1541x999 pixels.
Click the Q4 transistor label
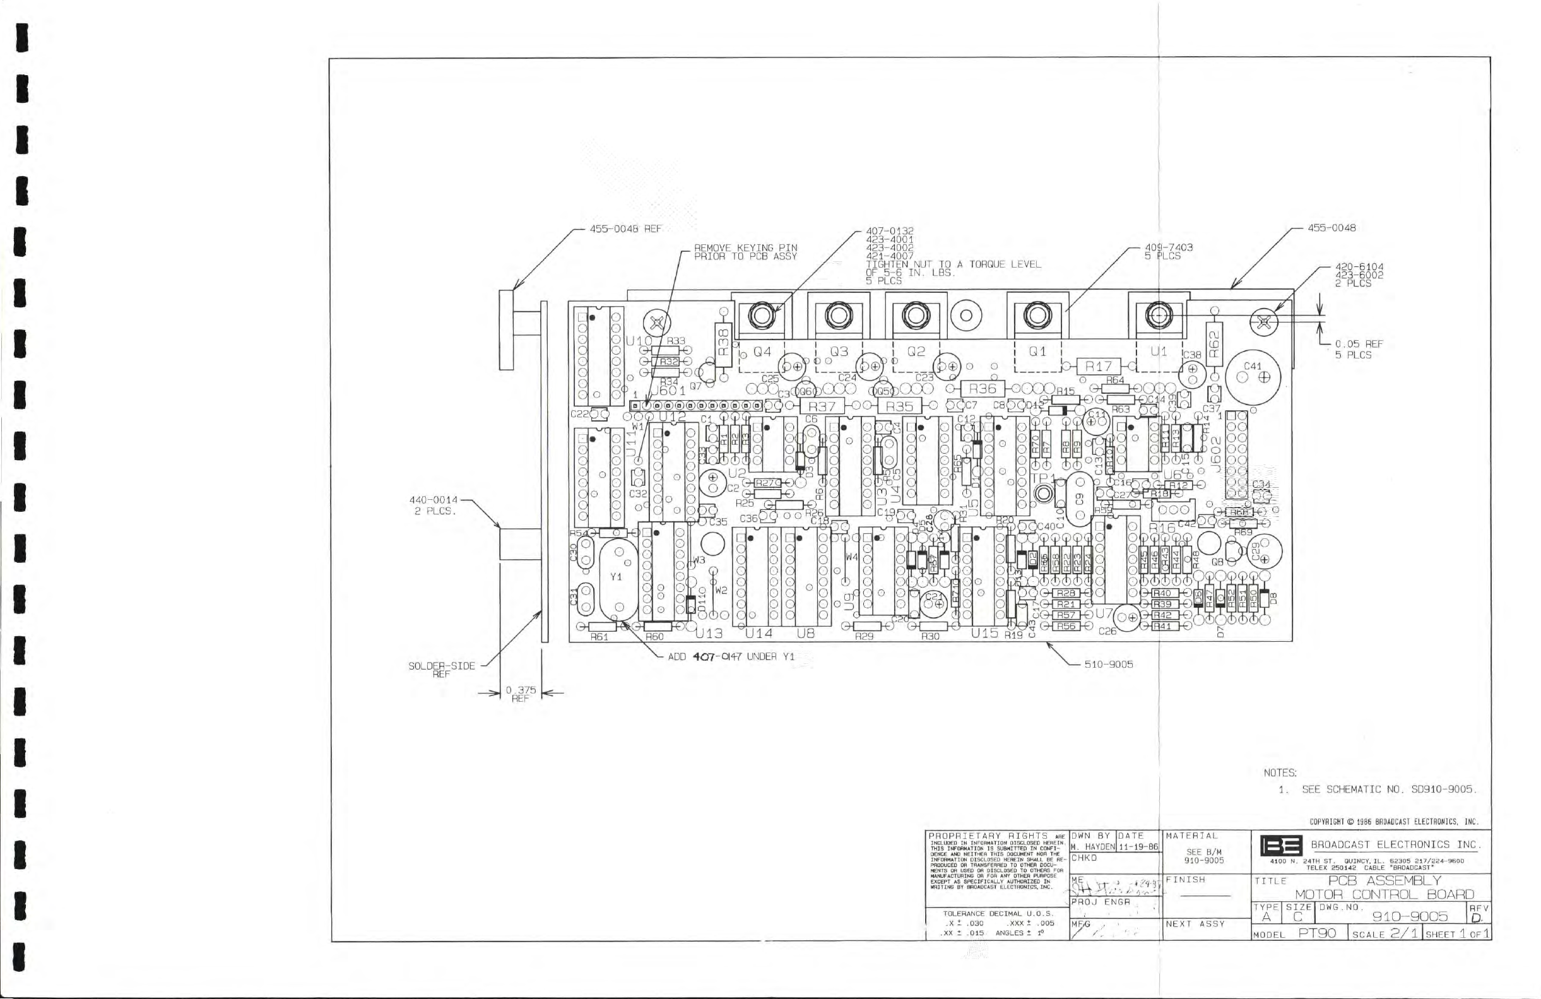762,352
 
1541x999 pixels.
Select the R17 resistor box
1098,367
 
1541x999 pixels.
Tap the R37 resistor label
822,406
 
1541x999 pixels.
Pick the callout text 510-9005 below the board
1109,665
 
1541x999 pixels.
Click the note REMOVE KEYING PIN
745,252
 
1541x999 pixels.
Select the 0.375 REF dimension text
521,694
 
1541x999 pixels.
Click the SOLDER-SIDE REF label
442,669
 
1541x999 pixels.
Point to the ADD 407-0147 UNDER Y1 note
730,656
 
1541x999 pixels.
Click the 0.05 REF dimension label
1359,349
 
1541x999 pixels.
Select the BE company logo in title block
1282,846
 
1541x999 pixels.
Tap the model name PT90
1317,933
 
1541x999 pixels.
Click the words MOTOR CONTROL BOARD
1385,895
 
